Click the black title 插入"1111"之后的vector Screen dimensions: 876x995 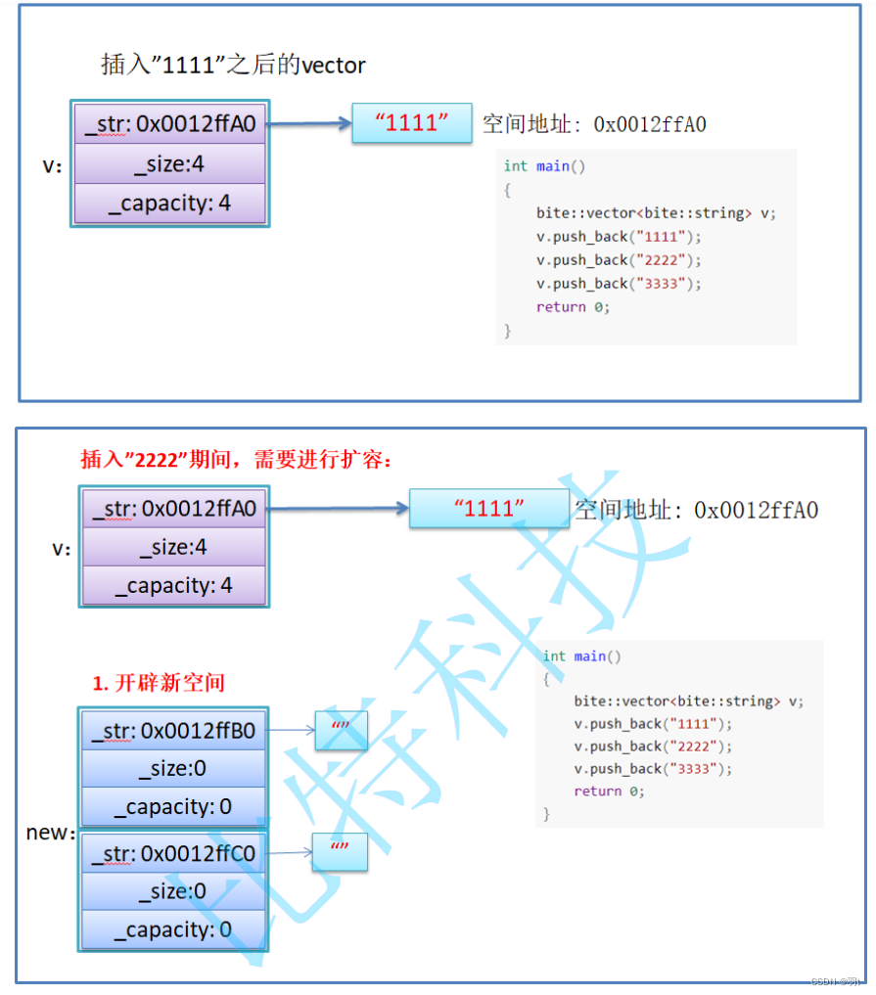click(x=233, y=66)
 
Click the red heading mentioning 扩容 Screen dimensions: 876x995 click(x=236, y=460)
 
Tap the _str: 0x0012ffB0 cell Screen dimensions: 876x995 click(x=172, y=730)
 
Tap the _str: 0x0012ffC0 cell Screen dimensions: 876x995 click(x=172, y=854)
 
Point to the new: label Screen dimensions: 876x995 click(x=50, y=833)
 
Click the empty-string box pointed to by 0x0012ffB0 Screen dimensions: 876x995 click(x=341, y=730)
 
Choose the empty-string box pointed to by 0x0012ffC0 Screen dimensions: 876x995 click(x=340, y=852)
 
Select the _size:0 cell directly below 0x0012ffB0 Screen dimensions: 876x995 click(x=172, y=769)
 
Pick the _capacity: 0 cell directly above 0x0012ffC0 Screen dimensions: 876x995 click(x=172, y=807)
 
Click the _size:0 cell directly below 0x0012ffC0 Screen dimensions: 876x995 click(x=172, y=891)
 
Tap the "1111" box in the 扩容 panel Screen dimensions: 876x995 click(x=488, y=509)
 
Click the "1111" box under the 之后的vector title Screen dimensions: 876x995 click(x=411, y=123)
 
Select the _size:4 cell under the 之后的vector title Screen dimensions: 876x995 click(x=169, y=164)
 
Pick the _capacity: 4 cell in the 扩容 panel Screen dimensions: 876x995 click(x=173, y=586)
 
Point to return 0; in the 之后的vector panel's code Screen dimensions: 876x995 click(x=573, y=307)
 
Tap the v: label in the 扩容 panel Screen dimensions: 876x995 click(x=62, y=549)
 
